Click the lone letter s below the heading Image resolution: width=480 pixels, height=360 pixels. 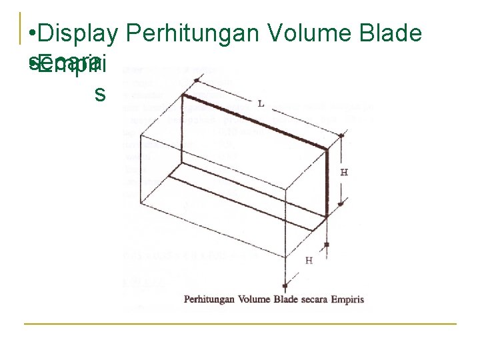tap(100, 93)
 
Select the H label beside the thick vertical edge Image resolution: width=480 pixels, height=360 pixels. tap(344, 172)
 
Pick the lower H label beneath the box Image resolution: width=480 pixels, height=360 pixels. tap(308, 260)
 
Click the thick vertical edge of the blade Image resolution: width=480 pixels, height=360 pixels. tap(327, 183)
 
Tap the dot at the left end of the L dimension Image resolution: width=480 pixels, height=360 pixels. tap(197, 81)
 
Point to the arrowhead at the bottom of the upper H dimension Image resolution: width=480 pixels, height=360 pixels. tap(341, 204)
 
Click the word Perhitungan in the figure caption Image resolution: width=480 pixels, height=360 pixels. tap(209, 299)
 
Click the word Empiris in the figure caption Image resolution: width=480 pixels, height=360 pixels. tap(349, 299)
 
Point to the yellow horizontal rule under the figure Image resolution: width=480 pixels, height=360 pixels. tap(240, 324)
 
